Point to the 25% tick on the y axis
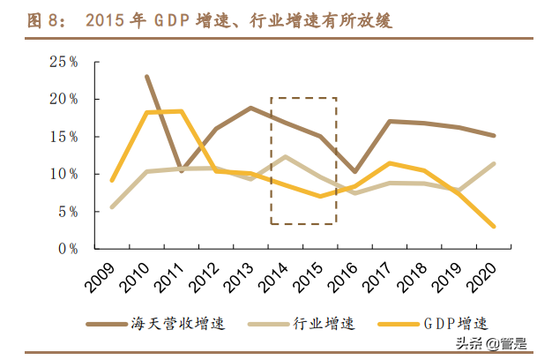click(63, 62)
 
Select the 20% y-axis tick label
click(63, 99)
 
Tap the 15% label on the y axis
click(63, 137)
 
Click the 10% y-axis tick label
click(63, 174)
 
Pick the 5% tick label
click(67, 212)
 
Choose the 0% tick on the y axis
click(67, 249)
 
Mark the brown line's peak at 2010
click(146, 77)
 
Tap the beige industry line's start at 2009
click(111, 207)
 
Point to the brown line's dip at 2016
click(355, 171)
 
